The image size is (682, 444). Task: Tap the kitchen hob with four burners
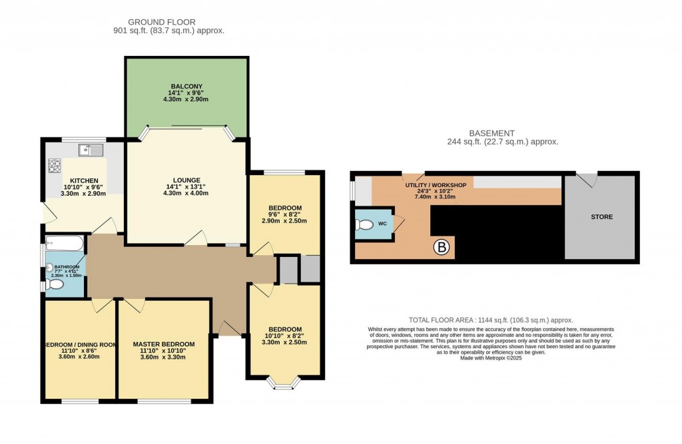pos(54,164)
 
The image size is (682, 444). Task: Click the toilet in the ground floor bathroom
pos(55,284)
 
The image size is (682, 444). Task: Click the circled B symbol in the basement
pos(442,248)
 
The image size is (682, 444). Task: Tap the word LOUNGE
pos(186,180)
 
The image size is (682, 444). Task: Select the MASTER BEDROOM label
pos(164,344)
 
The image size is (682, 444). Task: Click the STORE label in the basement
pos(601,217)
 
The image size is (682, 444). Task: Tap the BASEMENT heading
pos(502,133)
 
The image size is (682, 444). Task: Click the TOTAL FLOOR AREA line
pos(491,320)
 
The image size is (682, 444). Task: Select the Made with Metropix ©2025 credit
pos(492,357)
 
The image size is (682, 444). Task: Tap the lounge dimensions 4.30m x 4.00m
pos(186,194)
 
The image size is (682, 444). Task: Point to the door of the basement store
pos(587,178)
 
